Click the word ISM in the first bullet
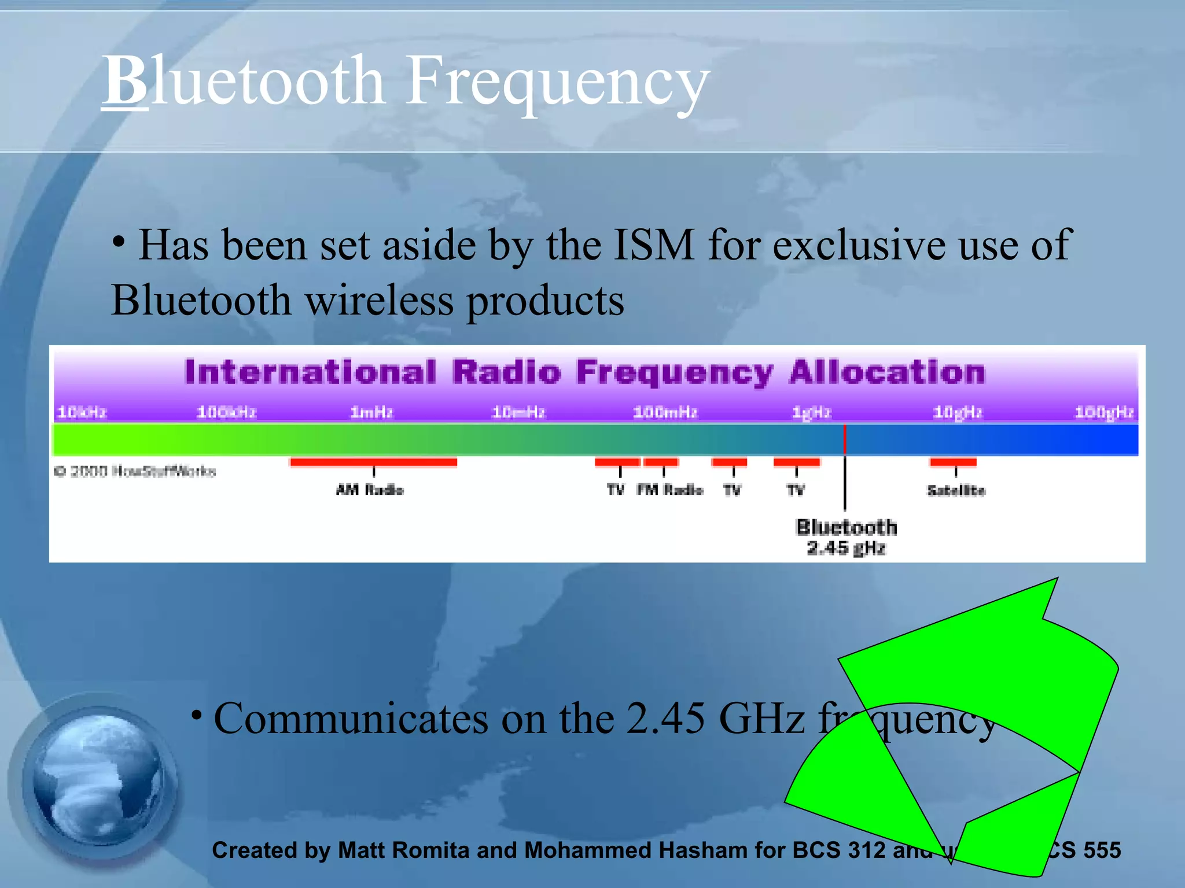[x=653, y=245]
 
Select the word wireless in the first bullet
[x=379, y=301]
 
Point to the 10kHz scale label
[x=82, y=412]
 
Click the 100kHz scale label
[x=226, y=412]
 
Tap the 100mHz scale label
[x=665, y=412]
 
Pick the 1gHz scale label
[x=811, y=412]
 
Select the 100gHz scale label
[x=1104, y=412]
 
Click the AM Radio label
[x=370, y=490]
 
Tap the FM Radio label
[x=669, y=490]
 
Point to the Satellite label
[x=956, y=490]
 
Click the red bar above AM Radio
[x=373, y=462]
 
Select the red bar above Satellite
[x=953, y=462]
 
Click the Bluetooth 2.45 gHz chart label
[x=846, y=537]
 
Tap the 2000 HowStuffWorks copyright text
[x=135, y=471]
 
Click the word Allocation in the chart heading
[x=886, y=372]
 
